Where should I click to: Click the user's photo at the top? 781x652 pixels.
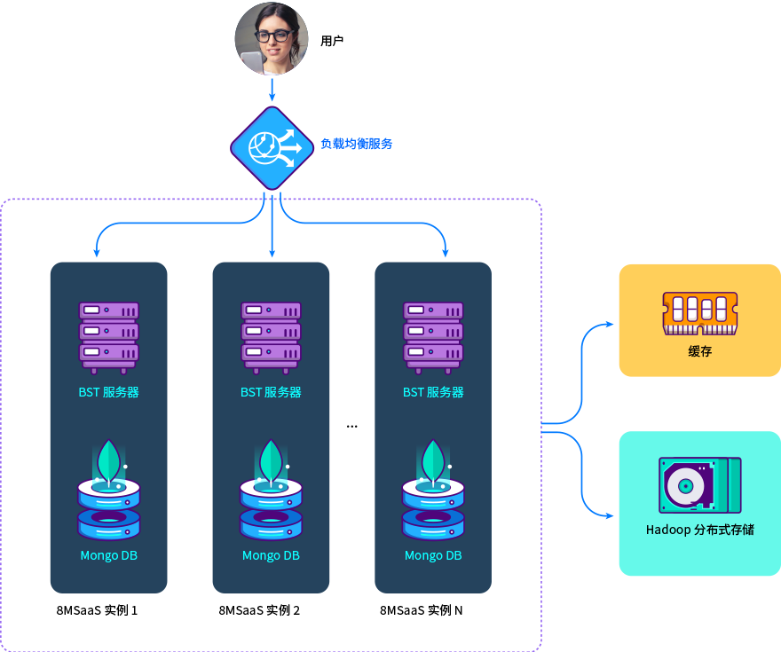tap(272, 38)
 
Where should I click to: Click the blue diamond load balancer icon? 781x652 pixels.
tap(272, 147)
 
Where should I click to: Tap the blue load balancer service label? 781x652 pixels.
tap(356, 144)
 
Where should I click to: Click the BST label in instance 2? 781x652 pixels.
tap(272, 392)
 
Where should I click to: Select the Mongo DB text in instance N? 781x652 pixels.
tap(433, 556)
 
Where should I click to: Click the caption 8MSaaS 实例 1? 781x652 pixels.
tap(97, 610)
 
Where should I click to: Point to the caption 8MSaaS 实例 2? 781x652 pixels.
tap(259, 610)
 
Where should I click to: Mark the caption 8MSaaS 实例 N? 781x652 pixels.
tap(422, 610)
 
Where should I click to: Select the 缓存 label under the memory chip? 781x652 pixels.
tap(700, 351)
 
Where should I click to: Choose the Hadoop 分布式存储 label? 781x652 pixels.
tap(700, 530)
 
